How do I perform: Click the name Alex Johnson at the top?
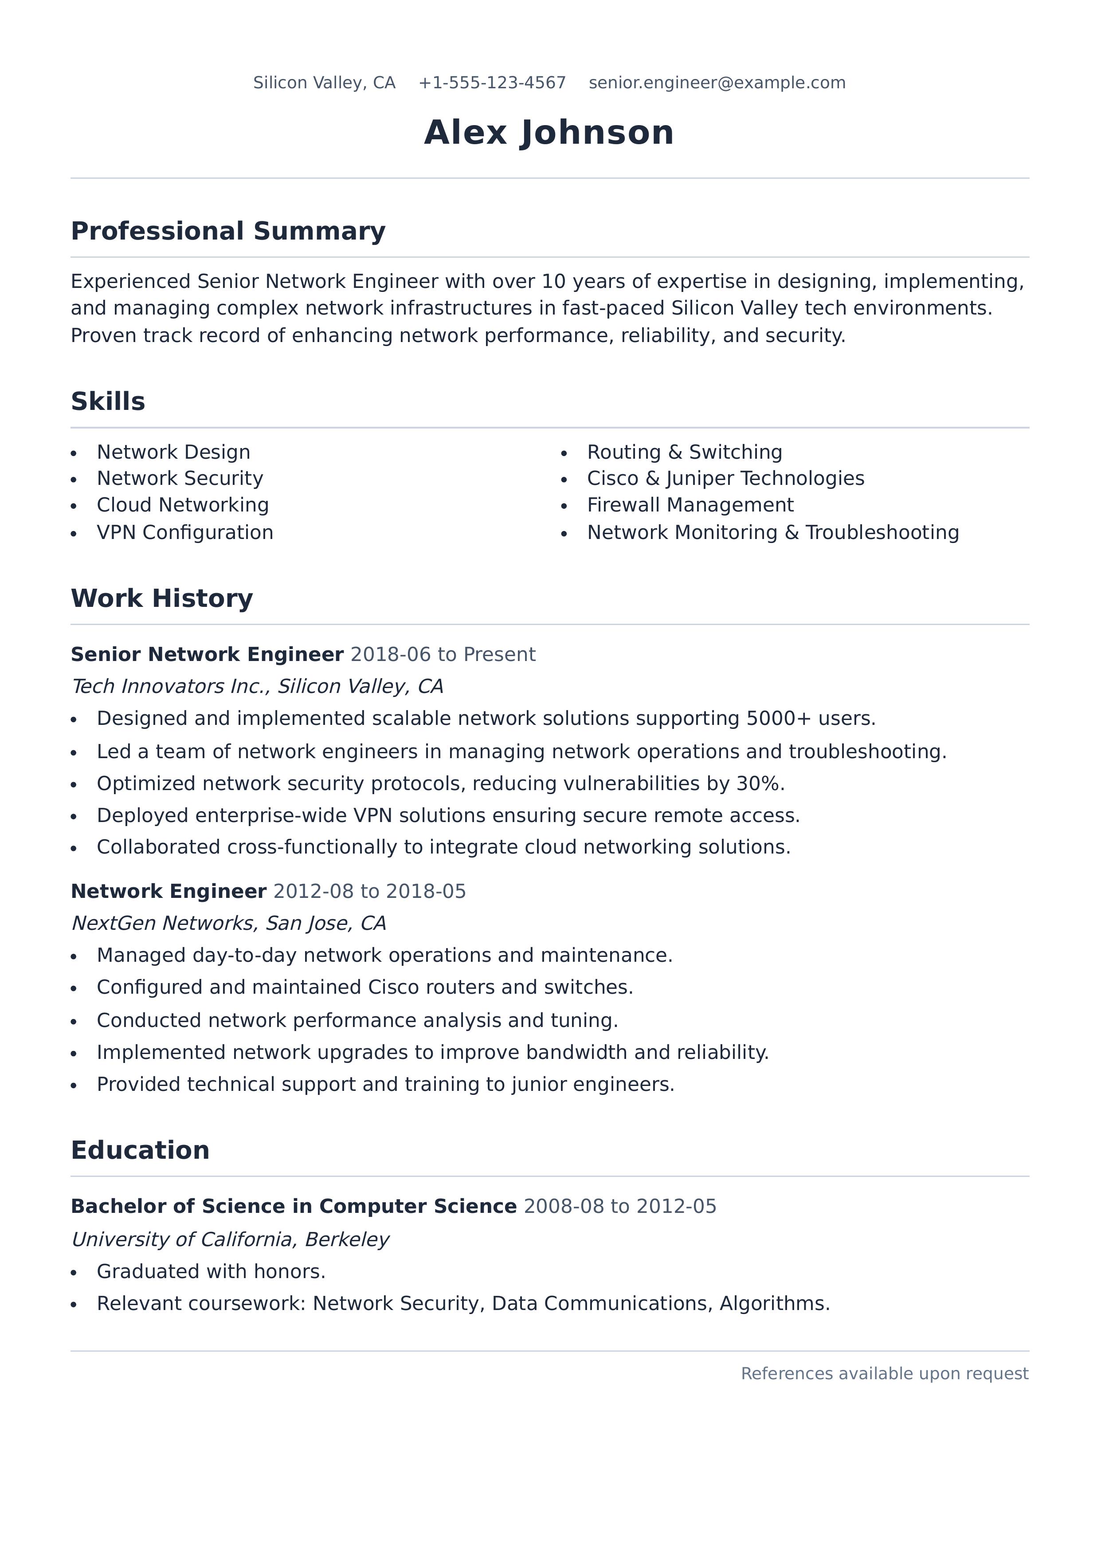(549, 132)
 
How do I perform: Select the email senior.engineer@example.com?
(717, 83)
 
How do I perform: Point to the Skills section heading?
(108, 402)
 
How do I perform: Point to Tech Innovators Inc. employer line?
(257, 687)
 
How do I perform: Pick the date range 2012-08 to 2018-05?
(370, 892)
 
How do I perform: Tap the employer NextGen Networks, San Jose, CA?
(229, 924)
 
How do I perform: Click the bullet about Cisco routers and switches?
(365, 988)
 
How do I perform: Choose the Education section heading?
(140, 1151)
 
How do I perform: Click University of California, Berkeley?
(230, 1240)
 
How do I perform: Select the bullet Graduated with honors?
(211, 1272)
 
